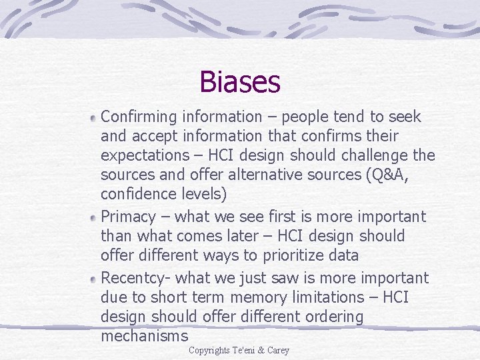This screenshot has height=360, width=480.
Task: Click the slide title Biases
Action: tap(240, 83)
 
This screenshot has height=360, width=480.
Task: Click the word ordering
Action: tap(331, 317)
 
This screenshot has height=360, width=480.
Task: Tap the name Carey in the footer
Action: tap(279, 351)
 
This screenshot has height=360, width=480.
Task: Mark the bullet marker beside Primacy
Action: tap(94, 218)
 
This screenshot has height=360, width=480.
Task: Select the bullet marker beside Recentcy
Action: tap(94, 278)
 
